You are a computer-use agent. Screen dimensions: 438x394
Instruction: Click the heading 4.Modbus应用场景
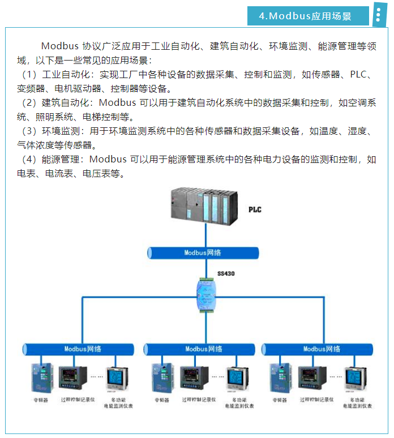(305, 16)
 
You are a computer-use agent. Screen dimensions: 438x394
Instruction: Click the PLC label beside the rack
(255, 210)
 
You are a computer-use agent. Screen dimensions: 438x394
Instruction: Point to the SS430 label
(226, 274)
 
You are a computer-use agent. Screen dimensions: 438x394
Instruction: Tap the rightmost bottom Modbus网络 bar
(323, 349)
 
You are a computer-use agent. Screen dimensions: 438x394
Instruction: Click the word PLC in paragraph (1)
(359, 75)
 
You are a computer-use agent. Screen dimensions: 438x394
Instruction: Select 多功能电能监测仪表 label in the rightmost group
(356, 402)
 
